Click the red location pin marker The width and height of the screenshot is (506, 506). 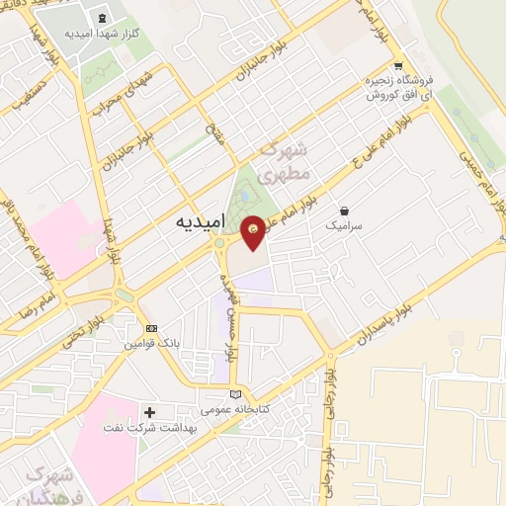coord(254,232)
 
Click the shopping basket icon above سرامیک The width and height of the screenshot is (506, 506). coord(343,210)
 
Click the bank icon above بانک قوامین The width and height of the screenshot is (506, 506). coord(150,327)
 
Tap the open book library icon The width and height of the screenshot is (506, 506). coord(235,394)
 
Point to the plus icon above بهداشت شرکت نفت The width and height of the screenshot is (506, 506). coord(150,411)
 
